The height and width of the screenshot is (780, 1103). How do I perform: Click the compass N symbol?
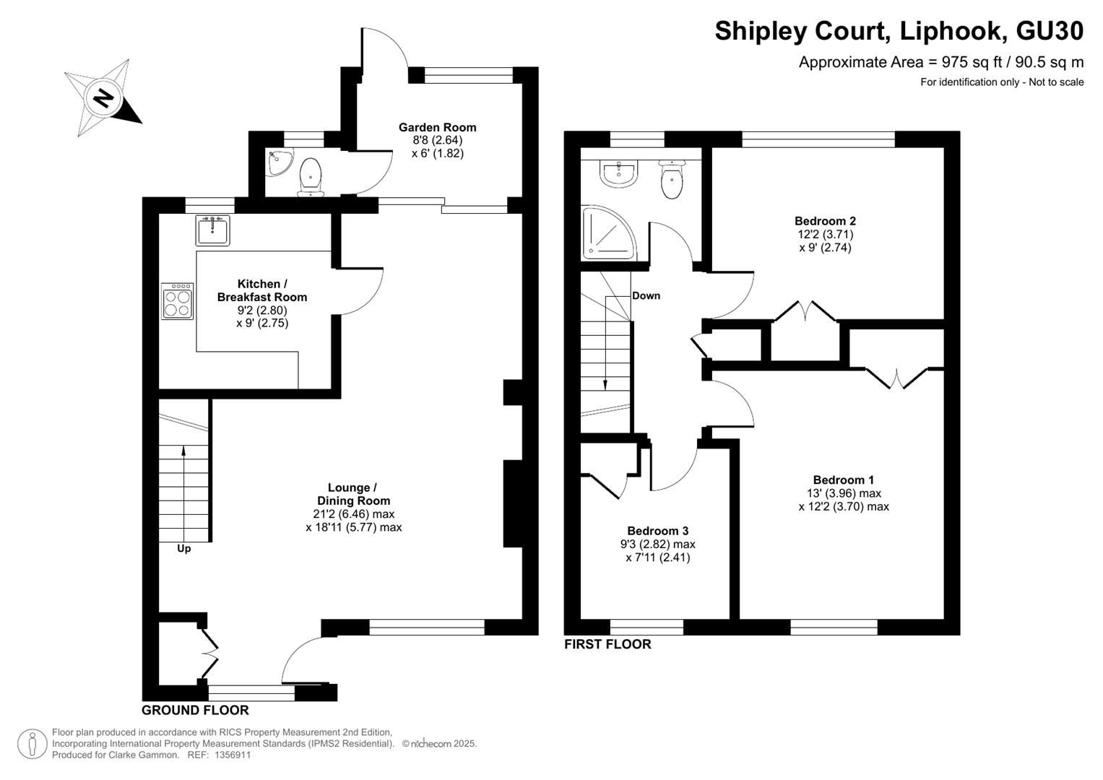[103, 97]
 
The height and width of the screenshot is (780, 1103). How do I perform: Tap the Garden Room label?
[437, 128]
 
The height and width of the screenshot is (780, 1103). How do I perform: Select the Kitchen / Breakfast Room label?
[262, 290]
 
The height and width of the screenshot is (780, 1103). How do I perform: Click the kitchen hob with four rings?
[177, 301]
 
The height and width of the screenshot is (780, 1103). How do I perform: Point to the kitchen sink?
[212, 230]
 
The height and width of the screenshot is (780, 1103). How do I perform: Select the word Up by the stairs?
[183, 549]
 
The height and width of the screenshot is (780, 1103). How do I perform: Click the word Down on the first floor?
[646, 296]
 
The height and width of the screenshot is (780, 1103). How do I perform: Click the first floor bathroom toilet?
[672, 181]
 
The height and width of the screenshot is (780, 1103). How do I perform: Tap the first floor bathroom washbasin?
[619, 174]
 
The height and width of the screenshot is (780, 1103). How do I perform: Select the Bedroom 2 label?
[826, 221]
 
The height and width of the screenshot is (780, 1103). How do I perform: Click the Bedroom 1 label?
[844, 480]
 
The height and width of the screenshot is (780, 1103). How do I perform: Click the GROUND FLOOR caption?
[195, 710]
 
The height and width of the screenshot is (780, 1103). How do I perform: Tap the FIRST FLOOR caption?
[607, 644]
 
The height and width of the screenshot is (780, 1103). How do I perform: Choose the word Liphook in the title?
[951, 31]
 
